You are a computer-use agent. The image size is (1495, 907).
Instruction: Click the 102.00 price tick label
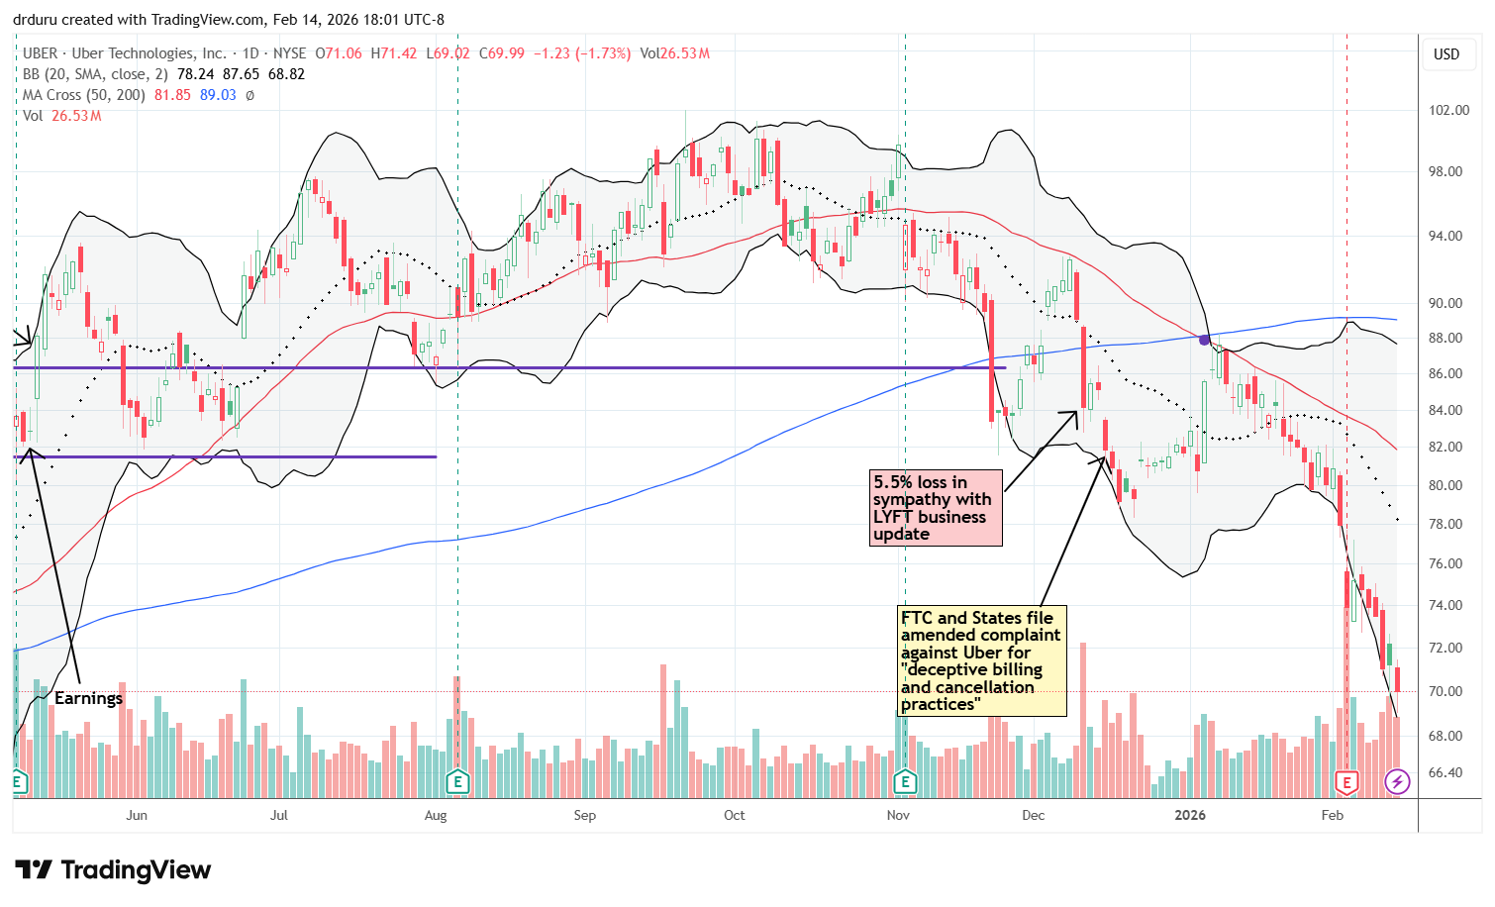coord(1448,110)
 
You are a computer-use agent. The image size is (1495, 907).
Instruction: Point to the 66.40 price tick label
coord(1448,772)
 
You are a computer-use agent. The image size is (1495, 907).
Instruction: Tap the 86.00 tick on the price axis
coord(1448,373)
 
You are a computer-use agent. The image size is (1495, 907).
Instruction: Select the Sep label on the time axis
coord(584,815)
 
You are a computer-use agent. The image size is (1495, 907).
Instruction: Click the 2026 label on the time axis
coord(1189,815)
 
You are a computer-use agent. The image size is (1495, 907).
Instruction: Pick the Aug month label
coord(436,815)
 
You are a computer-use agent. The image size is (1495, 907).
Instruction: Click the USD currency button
coord(1446,54)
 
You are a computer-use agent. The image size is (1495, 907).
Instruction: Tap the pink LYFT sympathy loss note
coord(935,508)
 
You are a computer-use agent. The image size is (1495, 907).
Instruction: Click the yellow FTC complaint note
coord(981,660)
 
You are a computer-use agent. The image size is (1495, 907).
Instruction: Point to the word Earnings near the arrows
coord(88,698)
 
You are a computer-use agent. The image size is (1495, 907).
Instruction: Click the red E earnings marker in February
coord(1346,782)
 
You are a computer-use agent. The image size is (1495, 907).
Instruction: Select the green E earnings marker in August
coord(457,782)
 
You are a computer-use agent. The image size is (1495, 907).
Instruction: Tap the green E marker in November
coord(905,782)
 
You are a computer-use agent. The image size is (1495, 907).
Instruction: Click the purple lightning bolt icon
coord(1397,782)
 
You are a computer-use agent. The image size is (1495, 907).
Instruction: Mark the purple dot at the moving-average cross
coord(1204,340)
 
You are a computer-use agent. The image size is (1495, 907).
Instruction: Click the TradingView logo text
coord(115,870)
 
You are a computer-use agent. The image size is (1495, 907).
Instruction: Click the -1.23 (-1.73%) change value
coord(581,53)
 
